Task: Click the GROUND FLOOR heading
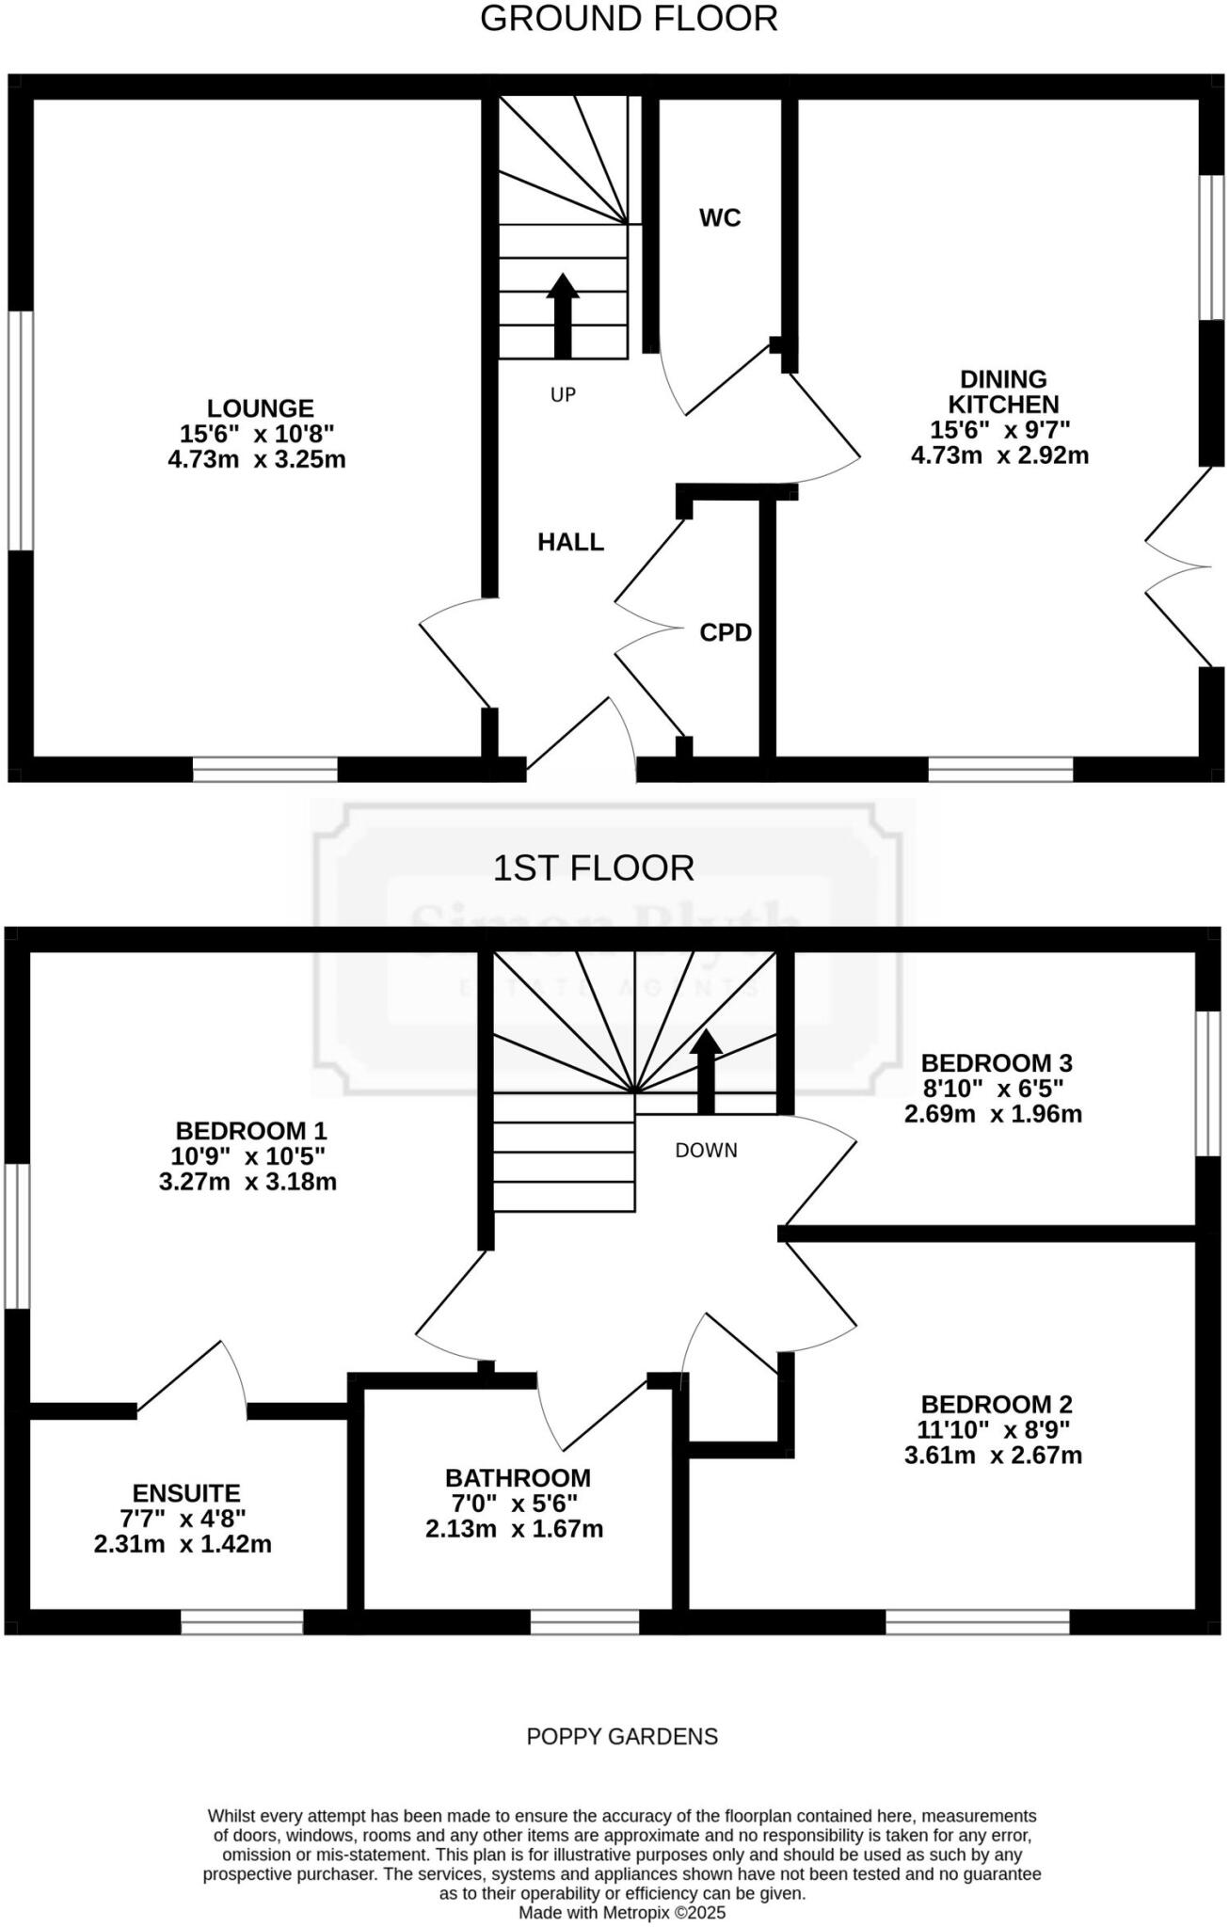[629, 19]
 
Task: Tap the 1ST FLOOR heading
[594, 868]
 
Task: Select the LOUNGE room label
[260, 408]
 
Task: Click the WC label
[720, 218]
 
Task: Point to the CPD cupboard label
[726, 633]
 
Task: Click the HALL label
[570, 542]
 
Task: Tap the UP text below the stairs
[563, 395]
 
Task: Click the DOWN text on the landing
[706, 1150]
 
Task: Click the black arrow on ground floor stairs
[563, 315]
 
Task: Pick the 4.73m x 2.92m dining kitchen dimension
[999, 455]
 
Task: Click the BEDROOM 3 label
[997, 1063]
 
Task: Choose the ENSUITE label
[186, 1492]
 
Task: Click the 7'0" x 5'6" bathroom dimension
[514, 1503]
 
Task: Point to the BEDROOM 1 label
[251, 1130]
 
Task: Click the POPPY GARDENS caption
[622, 1736]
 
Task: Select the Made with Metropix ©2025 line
[622, 1913]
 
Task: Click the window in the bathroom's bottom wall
[584, 1621]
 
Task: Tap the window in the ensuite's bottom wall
[242, 1621]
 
